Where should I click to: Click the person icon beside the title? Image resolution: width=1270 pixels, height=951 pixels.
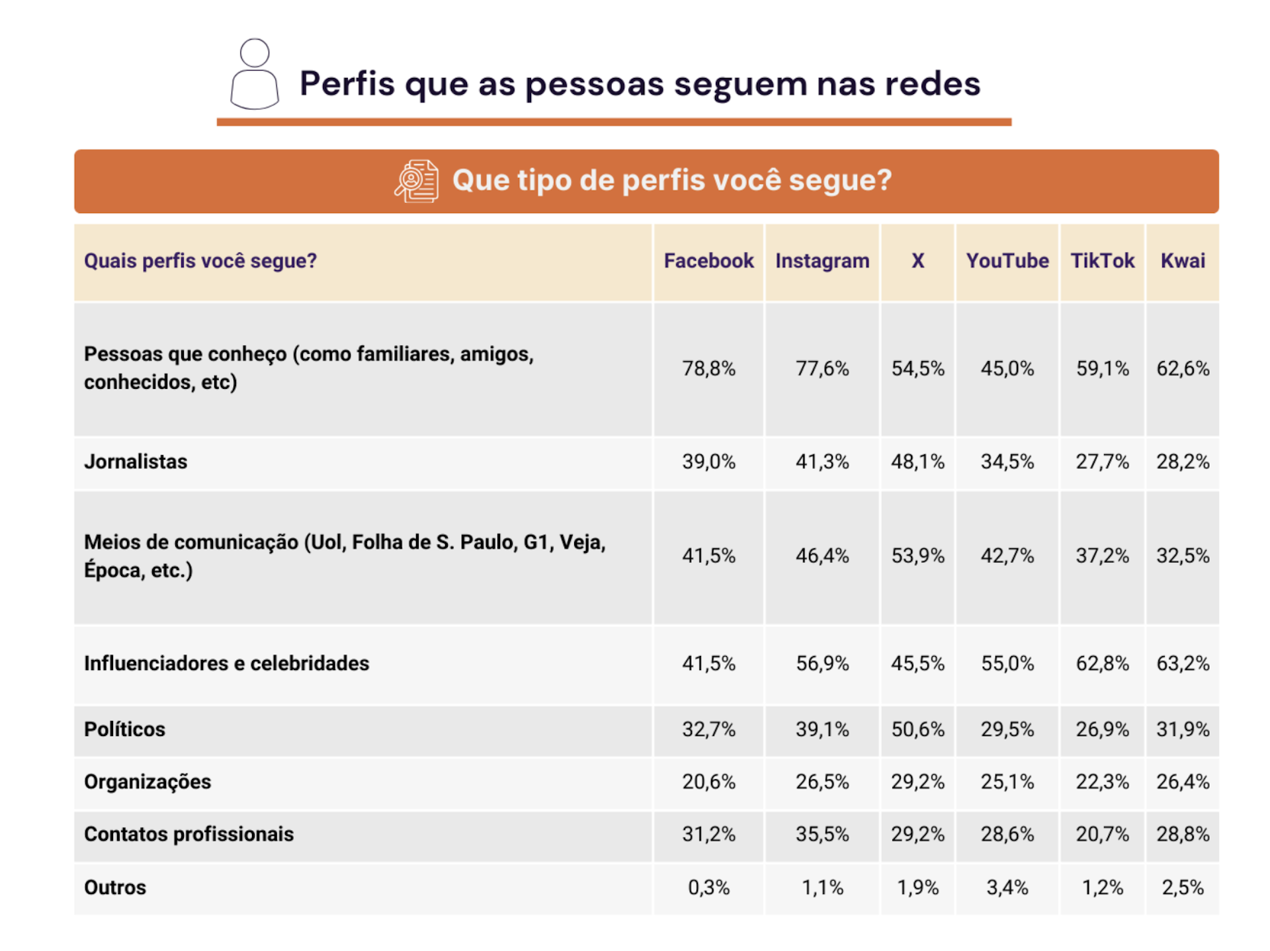[255, 74]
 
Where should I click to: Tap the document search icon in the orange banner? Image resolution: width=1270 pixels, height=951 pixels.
[417, 181]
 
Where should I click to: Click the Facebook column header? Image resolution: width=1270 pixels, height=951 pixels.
[708, 261]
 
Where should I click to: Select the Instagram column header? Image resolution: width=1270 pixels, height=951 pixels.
[822, 261]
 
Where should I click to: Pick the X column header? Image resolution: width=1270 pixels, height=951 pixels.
[917, 261]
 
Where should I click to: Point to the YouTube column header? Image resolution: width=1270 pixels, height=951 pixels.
[1007, 261]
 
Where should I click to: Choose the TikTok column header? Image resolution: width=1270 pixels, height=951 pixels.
[1102, 261]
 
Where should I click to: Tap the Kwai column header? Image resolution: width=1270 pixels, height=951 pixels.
[1183, 261]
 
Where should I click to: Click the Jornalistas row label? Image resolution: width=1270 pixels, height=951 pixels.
[136, 462]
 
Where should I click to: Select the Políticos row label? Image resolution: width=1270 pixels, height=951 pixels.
[124, 729]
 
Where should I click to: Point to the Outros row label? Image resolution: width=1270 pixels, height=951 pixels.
[115, 888]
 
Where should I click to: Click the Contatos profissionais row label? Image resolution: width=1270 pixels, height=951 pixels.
[189, 835]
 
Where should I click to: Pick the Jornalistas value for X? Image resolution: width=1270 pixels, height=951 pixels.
[917, 462]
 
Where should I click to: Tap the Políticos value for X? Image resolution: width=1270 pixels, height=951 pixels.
[917, 729]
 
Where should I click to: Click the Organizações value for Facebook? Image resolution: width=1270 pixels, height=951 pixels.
[708, 782]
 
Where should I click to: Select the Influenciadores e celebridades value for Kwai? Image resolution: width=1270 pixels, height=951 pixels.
[1183, 663]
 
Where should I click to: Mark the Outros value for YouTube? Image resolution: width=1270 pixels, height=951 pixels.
[1007, 888]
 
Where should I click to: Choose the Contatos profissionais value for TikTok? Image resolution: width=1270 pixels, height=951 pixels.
[1102, 835]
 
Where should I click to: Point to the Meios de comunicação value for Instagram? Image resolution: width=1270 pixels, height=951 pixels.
[822, 556]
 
